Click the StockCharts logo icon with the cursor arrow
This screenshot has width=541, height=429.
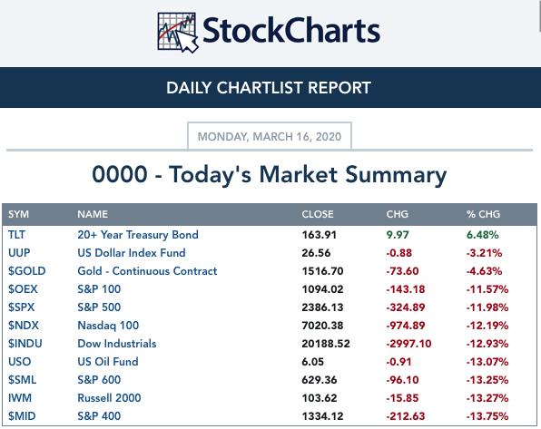coord(178,32)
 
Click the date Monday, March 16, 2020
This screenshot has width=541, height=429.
coord(269,137)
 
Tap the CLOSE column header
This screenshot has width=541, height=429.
coord(318,214)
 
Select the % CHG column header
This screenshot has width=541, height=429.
coord(483,214)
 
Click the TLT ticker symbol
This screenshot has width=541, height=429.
coord(16,235)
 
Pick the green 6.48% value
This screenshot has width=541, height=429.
coord(482,235)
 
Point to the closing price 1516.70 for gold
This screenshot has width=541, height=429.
coord(322,271)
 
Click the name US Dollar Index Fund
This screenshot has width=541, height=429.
coord(132,253)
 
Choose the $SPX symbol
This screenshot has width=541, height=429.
coord(22,307)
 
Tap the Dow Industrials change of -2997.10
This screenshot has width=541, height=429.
coord(408,344)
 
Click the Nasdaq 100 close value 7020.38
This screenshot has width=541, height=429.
coord(322,326)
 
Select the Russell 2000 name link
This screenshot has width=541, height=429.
coord(109,398)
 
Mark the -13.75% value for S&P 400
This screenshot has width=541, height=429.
coord(487,416)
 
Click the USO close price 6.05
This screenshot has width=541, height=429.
coord(312,362)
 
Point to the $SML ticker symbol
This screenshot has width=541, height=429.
coord(22,380)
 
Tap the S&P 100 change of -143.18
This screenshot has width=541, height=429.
coord(406,289)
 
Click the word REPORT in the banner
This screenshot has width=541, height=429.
coord(339,88)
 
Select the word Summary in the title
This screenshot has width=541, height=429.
coord(396,175)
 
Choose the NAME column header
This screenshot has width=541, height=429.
coord(93,214)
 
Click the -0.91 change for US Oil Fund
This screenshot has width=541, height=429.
coord(398,362)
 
